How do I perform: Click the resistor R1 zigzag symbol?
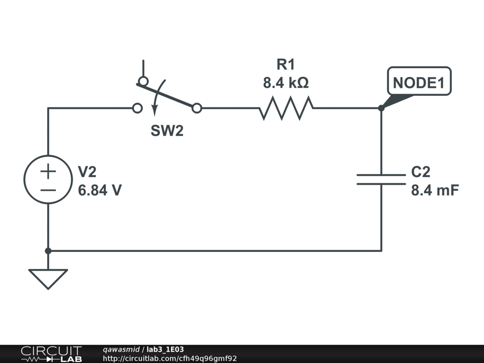click(x=286, y=108)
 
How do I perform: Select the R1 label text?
click(x=285, y=65)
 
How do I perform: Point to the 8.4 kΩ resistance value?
click(x=285, y=83)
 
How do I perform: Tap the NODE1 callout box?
click(x=419, y=83)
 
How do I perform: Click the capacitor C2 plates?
click(x=381, y=179)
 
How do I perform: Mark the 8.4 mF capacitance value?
click(x=435, y=190)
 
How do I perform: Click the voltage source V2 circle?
click(x=48, y=180)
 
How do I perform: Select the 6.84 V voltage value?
click(x=100, y=190)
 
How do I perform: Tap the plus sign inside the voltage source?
click(x=48, y=171)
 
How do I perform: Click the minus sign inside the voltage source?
click(x=48, y=190)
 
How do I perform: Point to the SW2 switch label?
click(x=167, y=131)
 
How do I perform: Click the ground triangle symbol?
click(x=48, y=278)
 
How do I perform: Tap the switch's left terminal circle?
click(x=137, y=109)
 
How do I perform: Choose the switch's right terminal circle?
click(x=197, y=109)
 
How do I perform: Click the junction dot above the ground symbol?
click(x=48, y=251)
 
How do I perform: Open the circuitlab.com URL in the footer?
click(x=170, y=358)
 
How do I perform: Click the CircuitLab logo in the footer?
click(x=51, y=354)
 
